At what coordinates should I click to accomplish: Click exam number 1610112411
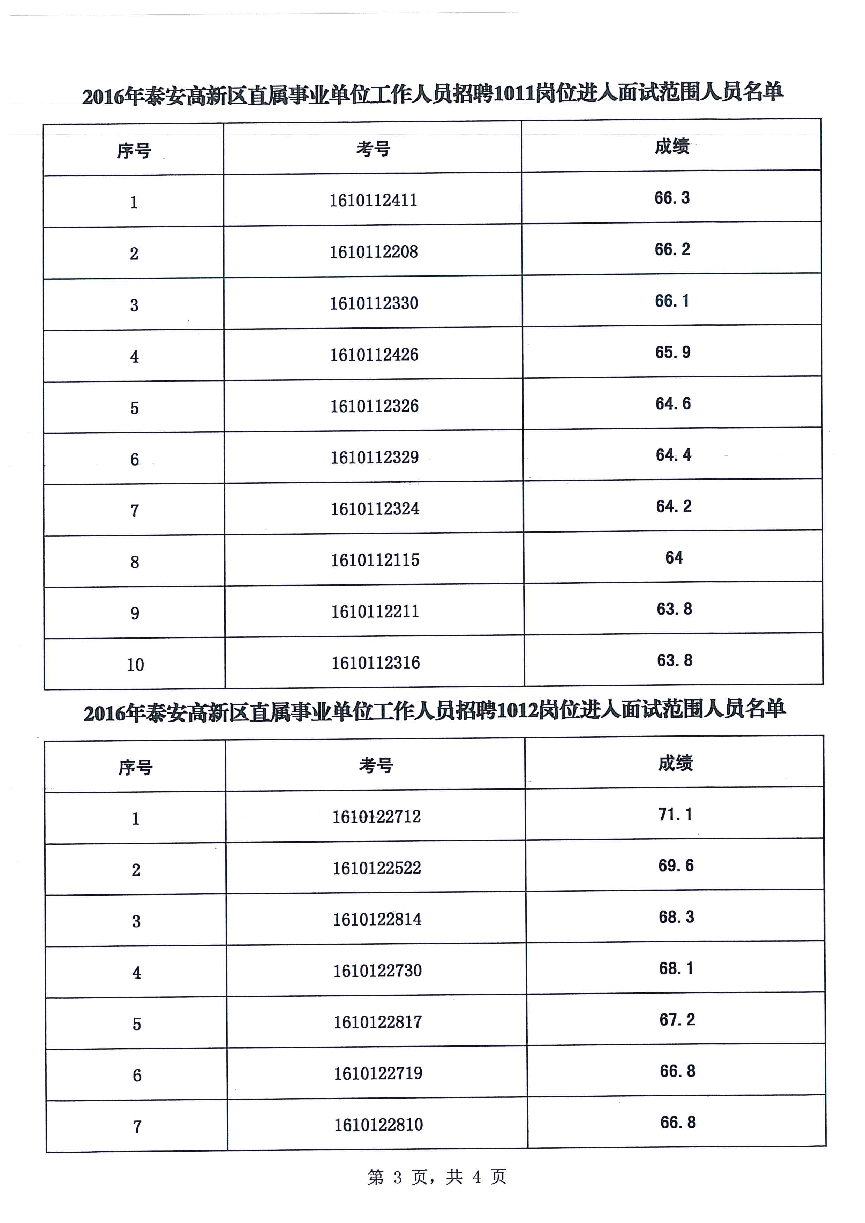[373, 200]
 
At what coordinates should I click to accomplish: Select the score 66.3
[672, 198]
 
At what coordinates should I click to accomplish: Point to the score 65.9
[673, 353]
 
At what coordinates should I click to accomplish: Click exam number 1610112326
[375, 406]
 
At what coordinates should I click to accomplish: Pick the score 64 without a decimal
[674, 558]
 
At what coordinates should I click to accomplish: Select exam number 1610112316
[376, 663]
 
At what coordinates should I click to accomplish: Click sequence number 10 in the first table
[135, 665]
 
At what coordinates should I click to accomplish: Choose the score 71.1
[675, 814]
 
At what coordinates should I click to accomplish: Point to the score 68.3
[676, 917]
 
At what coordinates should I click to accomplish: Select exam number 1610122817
[378, 1022]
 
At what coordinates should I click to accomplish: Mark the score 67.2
[677, 1020]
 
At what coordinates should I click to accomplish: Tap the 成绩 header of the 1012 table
[675, 763]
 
